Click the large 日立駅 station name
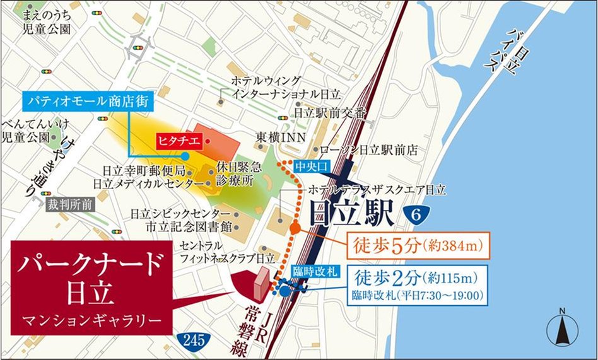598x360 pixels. click(352, 215)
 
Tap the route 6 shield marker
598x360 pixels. click(415, 214)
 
